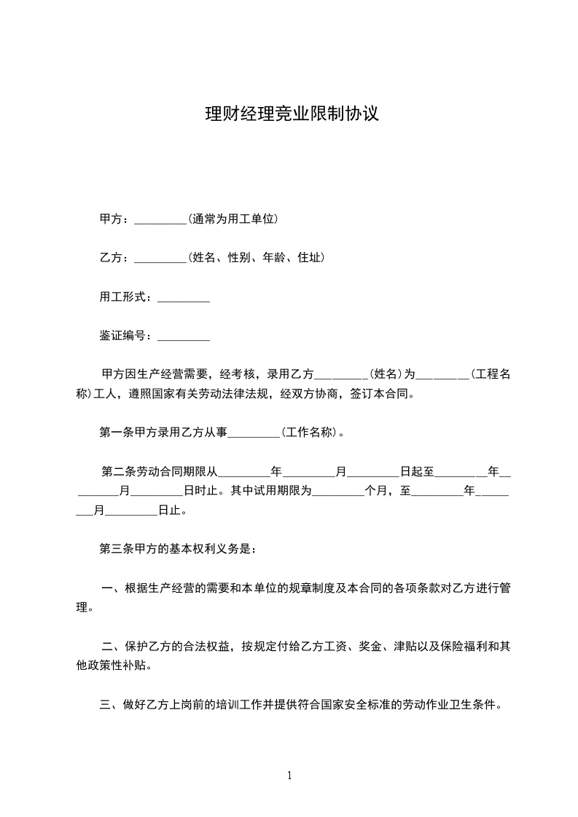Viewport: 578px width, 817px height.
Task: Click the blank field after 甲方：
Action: coord(161,219)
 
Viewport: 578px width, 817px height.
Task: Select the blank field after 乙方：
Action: coord(161,258)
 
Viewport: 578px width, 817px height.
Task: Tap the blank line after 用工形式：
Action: coord(184,297)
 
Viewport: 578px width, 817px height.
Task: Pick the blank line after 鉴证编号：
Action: coord(184,336)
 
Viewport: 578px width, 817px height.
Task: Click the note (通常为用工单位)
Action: coord(233,218)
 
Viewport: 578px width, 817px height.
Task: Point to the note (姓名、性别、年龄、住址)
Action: coord(256,257)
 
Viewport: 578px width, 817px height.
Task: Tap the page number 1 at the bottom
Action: coord(289,775)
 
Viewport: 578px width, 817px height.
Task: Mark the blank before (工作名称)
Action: coord(254,433)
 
